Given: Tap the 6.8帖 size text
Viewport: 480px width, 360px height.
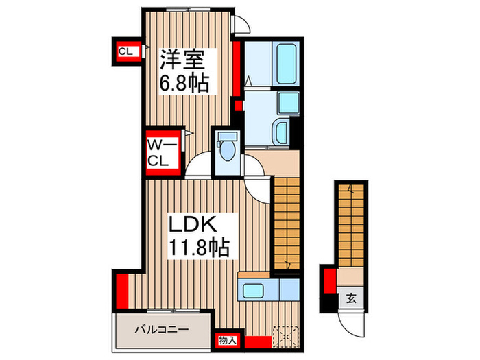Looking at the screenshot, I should tap(184, 84).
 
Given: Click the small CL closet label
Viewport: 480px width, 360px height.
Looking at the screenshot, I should tap(125, 51).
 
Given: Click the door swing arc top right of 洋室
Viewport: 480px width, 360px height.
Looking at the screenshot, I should tap(240, 25).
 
